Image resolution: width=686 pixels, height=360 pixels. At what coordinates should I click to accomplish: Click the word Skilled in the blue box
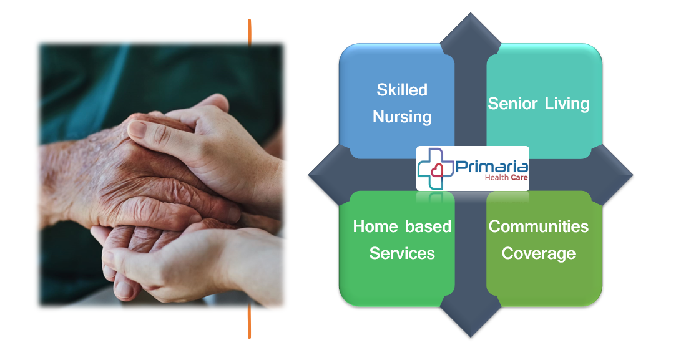coord(402,90)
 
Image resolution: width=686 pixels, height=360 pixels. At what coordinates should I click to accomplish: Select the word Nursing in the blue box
coord(402,117)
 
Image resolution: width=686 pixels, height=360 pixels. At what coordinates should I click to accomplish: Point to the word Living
coord(567,104)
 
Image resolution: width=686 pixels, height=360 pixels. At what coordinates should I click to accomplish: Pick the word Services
coord(402,253)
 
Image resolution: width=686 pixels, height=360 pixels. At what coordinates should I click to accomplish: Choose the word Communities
coord(538,226)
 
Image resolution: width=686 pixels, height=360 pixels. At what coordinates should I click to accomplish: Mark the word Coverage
coord(538,253)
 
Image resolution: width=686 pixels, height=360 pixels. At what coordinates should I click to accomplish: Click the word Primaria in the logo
coord(492,167)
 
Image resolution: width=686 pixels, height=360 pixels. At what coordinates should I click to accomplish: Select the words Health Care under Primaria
coord(506,178)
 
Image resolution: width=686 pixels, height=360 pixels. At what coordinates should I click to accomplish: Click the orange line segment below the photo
coord(249,321)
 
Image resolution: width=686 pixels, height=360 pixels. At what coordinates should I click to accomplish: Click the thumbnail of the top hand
coord(139,130)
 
